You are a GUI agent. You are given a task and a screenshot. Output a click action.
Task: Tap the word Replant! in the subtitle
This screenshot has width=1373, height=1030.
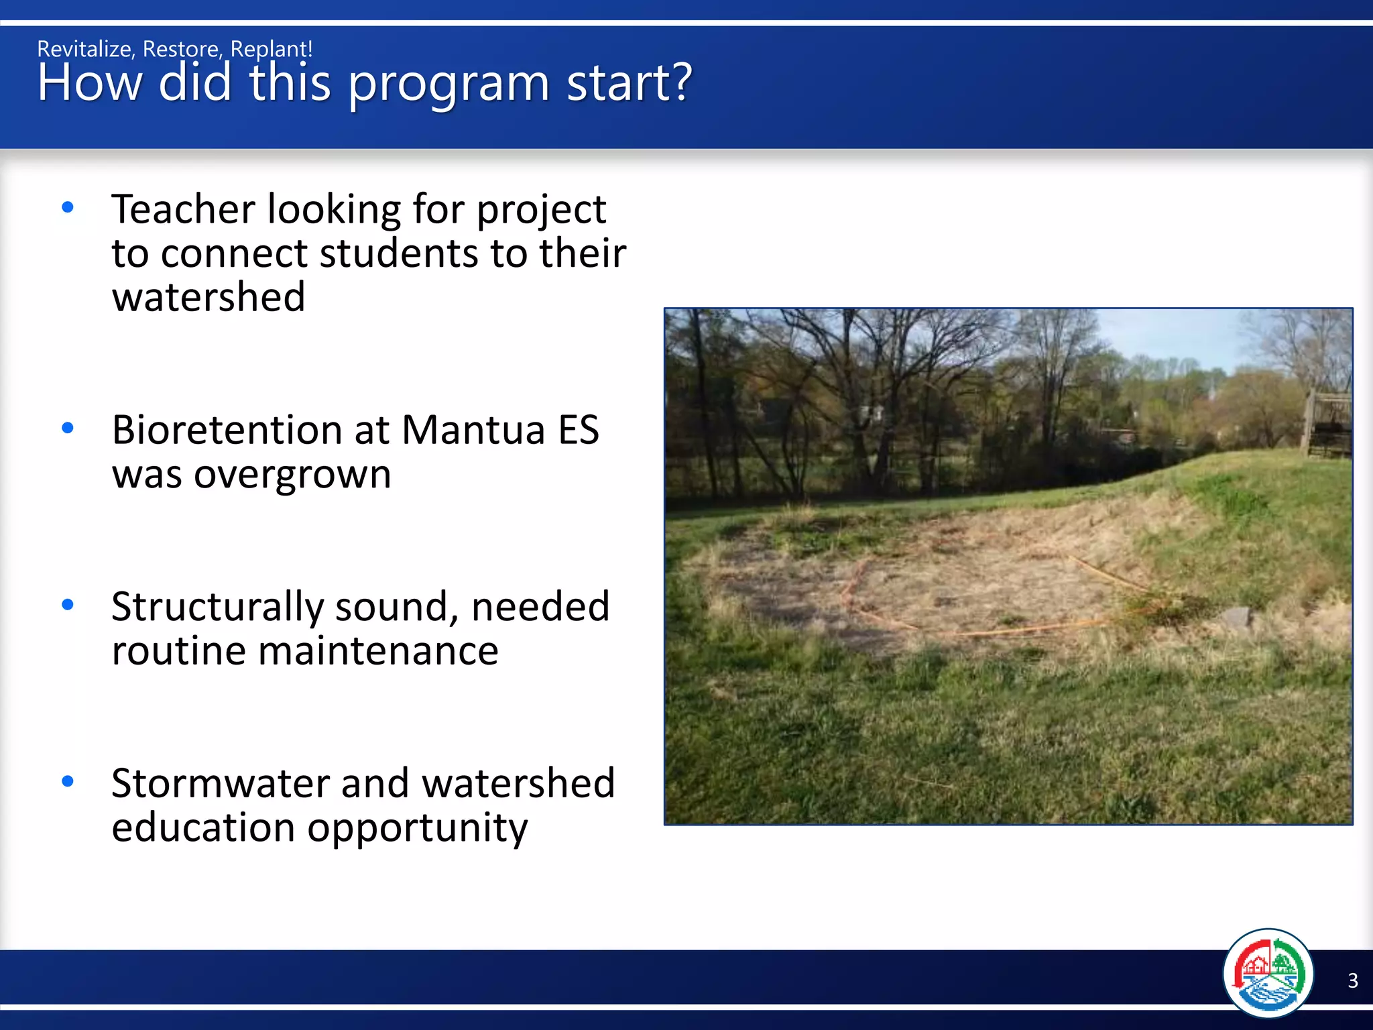tap(271, 49)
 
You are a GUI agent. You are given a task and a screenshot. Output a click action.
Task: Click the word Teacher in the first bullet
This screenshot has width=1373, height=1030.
tap(183, 209)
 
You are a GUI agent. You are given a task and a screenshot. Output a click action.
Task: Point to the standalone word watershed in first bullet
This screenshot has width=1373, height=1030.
tap(208, 297)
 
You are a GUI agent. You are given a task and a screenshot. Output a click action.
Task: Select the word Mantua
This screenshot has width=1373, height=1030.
tap(473, 430)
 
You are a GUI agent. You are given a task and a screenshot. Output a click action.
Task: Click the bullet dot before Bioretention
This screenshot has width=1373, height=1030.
tap(68, 428)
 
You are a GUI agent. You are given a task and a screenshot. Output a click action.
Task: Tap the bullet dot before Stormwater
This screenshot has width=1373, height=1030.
tap(68, 781)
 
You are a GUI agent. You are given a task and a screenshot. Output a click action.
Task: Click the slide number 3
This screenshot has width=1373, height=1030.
tap(1352, 980)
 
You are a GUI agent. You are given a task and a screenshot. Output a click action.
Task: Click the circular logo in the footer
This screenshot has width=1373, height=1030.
tap(1268, 973)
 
